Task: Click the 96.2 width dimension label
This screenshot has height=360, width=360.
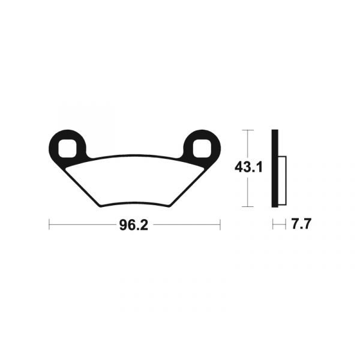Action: (134, 226)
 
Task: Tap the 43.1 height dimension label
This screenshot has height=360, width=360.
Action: (248, 168)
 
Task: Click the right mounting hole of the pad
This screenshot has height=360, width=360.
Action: (202, 146)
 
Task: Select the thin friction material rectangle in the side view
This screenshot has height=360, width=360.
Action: (284, 180)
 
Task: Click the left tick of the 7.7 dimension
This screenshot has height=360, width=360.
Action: (273, 226)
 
